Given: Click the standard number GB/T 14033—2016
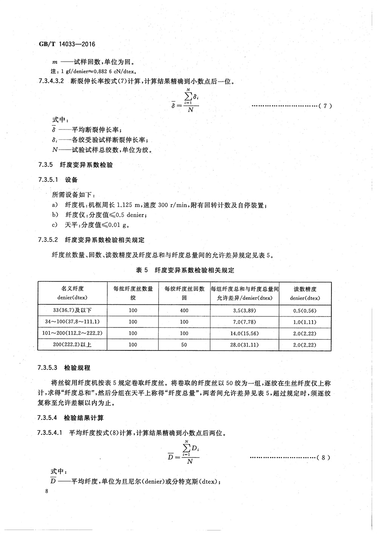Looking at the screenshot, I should [67, 44].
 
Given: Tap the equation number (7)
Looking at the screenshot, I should [325, 106].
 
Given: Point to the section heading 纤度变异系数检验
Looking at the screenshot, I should [89, 165].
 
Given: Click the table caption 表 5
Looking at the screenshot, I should [140, 270].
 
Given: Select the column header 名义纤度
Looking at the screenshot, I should [72, 289].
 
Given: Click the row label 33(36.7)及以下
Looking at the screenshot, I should [72, 310].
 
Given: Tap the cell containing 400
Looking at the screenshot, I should [184, 310].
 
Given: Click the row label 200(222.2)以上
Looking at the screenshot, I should [72, 345].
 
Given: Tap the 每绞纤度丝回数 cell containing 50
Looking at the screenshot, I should [184, 345].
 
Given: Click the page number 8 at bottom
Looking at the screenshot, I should [46, 491].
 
